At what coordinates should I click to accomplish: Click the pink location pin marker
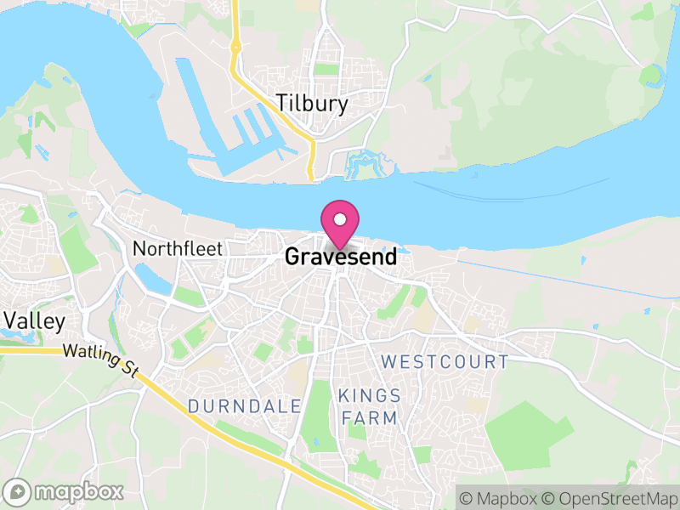[x=340, y=223]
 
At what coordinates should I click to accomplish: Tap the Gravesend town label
[x=341, y=257]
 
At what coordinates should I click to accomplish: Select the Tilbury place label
[x=312, y=104]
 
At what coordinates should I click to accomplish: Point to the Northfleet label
[x=178, y=249]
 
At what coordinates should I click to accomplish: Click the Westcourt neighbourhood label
[x=445, y=362]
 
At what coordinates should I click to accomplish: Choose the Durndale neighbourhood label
[x=245, y=406]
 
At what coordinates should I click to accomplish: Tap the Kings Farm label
[x=368, y=406]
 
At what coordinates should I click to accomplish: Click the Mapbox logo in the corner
[x=65, y=491]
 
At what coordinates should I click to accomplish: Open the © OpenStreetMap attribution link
[x=610, y=497]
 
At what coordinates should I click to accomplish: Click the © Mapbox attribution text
[x=500, y=497]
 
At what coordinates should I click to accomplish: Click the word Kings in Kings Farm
[x=369, y=396]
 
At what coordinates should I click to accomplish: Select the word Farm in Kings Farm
[x=368, y=417]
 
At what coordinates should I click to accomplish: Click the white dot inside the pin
[x=340, y=217]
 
